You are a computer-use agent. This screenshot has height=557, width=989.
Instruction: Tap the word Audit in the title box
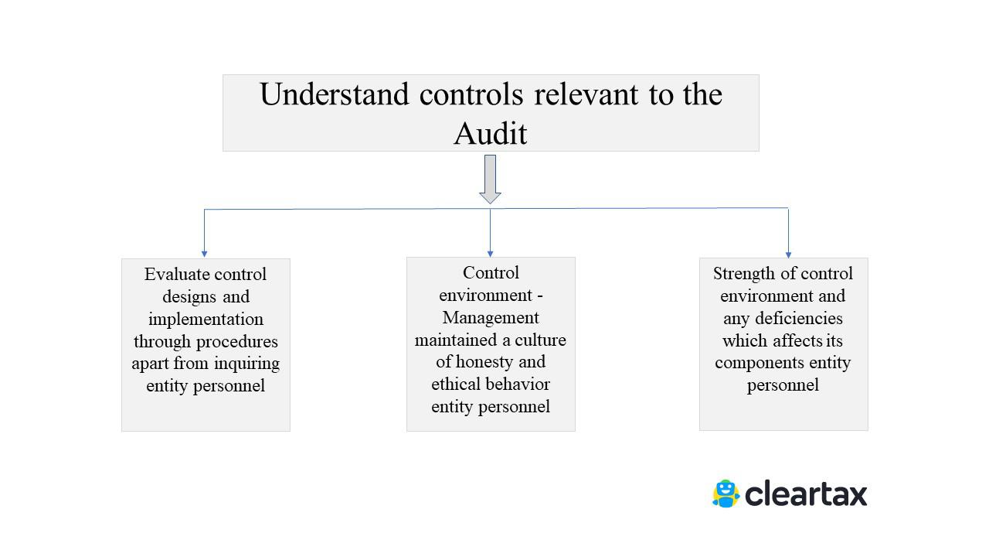(490, 134)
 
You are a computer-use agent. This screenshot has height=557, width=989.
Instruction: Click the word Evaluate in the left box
(175, 275)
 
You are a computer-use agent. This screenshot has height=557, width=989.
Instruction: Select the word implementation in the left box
(206, 320)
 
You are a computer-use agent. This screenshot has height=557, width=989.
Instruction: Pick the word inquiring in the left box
(248, 364)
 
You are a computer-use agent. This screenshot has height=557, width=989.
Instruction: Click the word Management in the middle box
(491, 318)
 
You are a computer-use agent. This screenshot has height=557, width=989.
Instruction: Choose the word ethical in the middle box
(456, 384)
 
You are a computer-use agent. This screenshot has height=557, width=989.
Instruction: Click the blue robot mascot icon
(725, 494)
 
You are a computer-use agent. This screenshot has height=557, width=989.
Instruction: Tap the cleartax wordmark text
(806, 494)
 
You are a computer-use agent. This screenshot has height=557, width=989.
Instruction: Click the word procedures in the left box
(238, 342)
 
